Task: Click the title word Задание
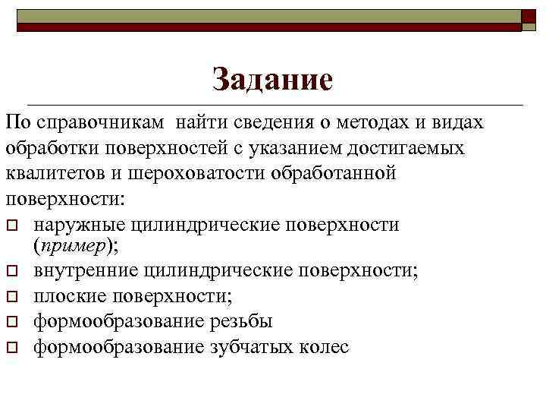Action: click(x=273, y=80)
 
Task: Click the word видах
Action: click(x=460, y=124)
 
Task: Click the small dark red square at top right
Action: click(x=529, y=20)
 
